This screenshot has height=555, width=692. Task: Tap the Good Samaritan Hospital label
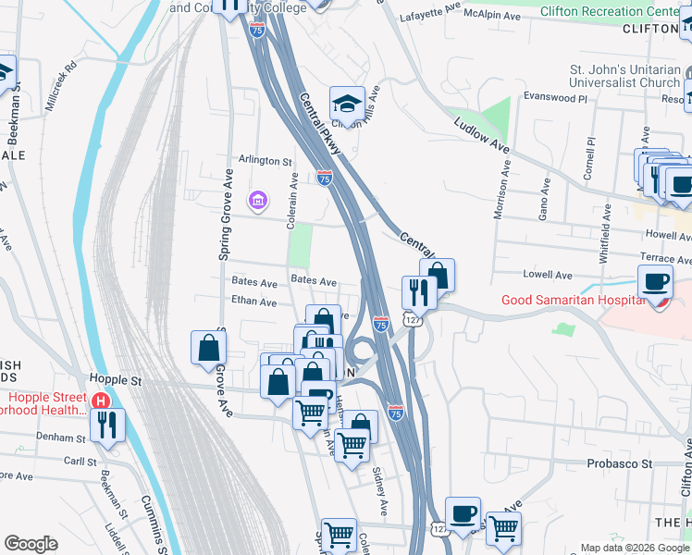point(572,300)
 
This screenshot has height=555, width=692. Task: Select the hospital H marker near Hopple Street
point(100,401)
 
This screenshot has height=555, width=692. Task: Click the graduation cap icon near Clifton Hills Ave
point(347,102)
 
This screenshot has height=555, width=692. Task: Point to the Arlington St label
point(266,160)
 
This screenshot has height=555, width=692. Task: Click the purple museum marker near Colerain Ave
point(257,199)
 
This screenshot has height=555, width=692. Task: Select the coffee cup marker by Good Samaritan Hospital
point(656,280)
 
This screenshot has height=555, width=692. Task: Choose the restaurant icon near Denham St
point(108,425)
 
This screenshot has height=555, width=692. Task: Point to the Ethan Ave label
point(254,302)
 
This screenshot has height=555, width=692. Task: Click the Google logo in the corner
point(31,544)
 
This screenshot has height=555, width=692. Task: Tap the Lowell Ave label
point(549,275)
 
